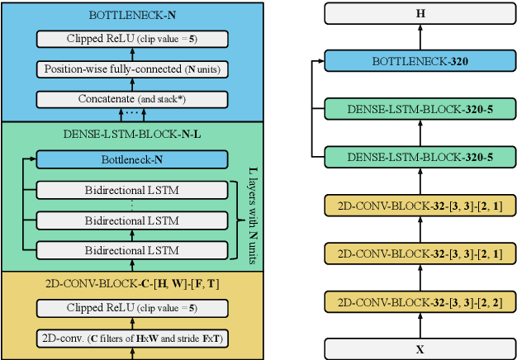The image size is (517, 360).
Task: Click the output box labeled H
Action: click(x=420, y=12)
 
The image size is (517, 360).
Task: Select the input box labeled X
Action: click(x=420, y=348)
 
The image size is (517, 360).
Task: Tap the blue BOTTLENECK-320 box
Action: click(x=420, y=60)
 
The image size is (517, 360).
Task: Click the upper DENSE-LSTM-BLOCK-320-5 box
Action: click(x=420, y=109)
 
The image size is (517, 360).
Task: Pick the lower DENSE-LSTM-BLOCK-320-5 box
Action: click(x=420, y=156)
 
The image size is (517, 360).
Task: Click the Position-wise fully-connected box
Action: click(x=132, y=69)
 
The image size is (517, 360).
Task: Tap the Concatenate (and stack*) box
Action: click(x=132, y=99)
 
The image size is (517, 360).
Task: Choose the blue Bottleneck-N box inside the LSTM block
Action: click(x=132, y=160)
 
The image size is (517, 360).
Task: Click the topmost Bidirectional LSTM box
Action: click(x=132, y=191)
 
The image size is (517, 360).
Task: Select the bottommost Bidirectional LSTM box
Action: click(x=132, y=249)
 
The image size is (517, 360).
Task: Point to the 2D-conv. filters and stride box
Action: click(x=132, y=338)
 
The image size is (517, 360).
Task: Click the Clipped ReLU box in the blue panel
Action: click(x=132, y=39)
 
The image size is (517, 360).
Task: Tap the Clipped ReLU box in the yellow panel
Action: click(x=132, y=308)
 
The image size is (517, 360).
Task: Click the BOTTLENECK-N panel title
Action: click(x=132, y=15)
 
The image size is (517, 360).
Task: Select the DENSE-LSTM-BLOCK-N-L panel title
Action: click(x=132, y=134)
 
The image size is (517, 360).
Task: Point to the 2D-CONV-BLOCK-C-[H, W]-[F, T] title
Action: click(x=132, y=283)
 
